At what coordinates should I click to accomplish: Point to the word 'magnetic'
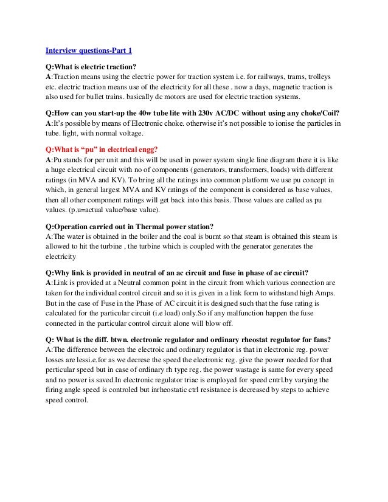[x=277, y=88]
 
